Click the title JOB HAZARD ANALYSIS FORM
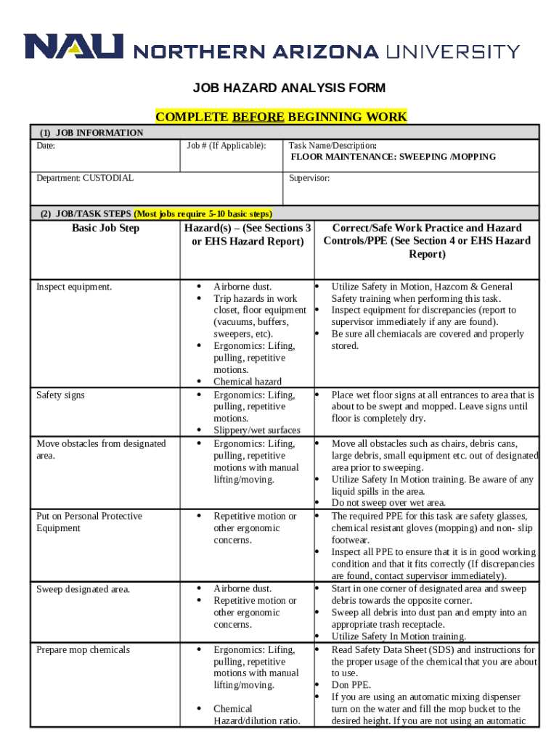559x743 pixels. (x=288, y=89)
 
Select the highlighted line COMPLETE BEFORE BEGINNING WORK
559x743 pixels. (x=281, y=117)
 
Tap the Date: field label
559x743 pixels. (x=46, y=146)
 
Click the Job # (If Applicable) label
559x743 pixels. (x=226, y=146)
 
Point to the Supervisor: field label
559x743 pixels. (x=309, y=178)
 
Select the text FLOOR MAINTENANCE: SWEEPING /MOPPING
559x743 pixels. (x=393, y=157)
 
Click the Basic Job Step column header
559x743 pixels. (x=105, y=229)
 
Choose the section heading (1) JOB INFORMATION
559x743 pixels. (x=91, y=133)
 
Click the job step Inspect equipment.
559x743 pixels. (x=74, y=287)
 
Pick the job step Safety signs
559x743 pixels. (x=60, y=395)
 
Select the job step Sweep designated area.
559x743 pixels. (x=83, y=589)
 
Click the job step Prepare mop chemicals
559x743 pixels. (x=83, y=650)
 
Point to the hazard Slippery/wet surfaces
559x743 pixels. (x=256, y=430)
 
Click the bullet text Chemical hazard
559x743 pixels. (x=247, y=382)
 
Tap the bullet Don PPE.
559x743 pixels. (x=351, y=685)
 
